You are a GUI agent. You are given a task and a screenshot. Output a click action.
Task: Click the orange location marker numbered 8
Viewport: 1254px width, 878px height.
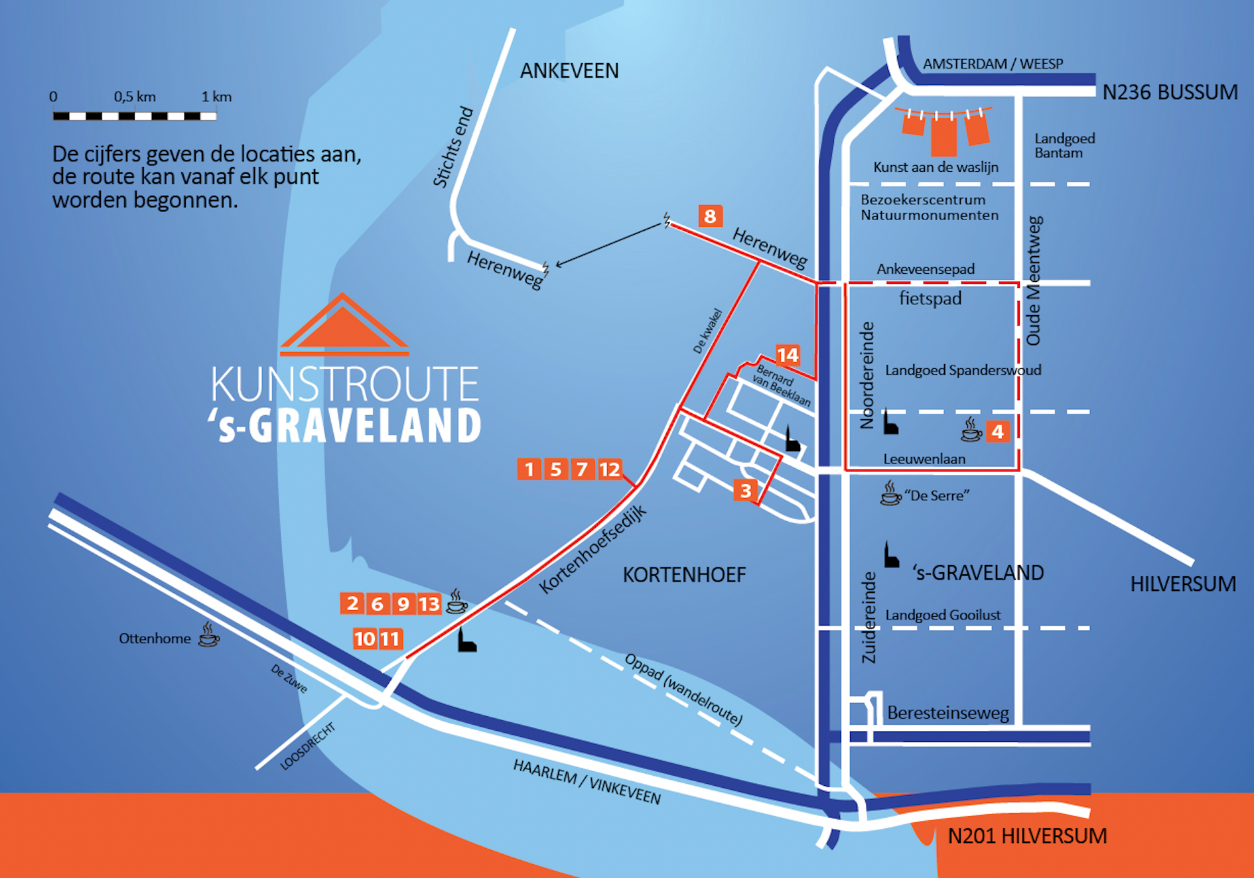pyautogui.click(x=710, y=216)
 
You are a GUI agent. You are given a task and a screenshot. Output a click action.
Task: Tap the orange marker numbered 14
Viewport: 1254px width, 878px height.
pyautogui.click(x=788, y=355)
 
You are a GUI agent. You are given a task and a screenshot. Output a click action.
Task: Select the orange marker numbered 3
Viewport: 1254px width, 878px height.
pyautogui.click(x=746, y=490)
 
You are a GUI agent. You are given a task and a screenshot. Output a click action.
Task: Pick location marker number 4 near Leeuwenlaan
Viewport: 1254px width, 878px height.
pyautogui.click(x=998, y=432)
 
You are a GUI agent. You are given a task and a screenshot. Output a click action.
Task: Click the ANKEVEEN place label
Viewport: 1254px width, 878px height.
pyautogui.click(x=569, y=70)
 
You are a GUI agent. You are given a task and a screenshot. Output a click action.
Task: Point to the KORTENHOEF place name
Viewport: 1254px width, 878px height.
pyautogui.click(x=684, y=574)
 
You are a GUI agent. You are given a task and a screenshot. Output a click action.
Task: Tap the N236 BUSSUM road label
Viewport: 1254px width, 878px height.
pyautogui.click(x=1170, y=92)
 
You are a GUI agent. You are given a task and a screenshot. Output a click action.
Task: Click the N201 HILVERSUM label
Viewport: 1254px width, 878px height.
pyautogui.click(x=1027, y=836)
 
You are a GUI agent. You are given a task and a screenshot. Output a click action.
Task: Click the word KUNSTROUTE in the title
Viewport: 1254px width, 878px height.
pyautogui.click(x=345, y=384)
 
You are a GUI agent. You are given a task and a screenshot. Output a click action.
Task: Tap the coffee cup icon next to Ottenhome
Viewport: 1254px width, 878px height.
pyautogui.click(x=209, y=634)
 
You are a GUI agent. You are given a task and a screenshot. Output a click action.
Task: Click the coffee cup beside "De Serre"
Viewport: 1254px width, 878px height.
pyautogui.click(x=890, y=493)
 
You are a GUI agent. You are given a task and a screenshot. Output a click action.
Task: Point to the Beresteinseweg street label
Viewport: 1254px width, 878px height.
pyautogui.click(x=948, y=713)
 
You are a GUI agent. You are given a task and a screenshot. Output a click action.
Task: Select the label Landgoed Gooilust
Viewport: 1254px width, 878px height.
pyautogui.click(x=943, y=615)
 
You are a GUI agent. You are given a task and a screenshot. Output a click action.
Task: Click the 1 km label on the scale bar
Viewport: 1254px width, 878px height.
pyautogui.click(x=217, y=97)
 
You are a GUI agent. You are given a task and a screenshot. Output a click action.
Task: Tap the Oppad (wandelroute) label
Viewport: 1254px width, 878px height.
pyautogui.click(x=683, y=689)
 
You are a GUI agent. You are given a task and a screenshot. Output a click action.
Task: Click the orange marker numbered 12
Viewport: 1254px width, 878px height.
pyautogui.click(x=610, y=470)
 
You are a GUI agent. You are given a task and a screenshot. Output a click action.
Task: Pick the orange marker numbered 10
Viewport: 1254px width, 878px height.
pyautogui.click(x=365, y=639)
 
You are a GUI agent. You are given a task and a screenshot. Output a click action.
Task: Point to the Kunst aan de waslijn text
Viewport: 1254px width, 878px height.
pyautogui.click(x=936, y=167)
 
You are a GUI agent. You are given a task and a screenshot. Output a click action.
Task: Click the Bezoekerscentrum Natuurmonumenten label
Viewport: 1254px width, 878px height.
pyautogui.click(x=930, y=207)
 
